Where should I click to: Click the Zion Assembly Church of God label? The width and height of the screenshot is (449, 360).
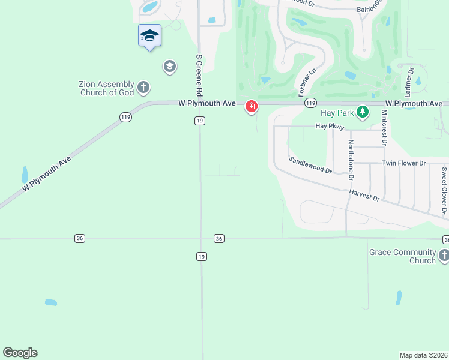coord(106,88)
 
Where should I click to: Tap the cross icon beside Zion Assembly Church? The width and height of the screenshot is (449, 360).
coord(143,88)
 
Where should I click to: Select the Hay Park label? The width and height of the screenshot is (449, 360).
coord(336,112)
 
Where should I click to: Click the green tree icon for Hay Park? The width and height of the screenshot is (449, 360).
coord(362,112)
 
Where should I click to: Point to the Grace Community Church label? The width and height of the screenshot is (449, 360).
coord(402,256)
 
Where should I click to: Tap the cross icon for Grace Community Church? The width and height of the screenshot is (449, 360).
coord(444,256)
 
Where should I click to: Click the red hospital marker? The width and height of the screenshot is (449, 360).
coord(251,107)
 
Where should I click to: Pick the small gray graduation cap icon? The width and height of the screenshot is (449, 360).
coord(169,66)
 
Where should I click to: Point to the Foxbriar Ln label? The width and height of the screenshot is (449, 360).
coord(307,82)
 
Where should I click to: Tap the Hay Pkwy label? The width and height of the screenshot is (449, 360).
coord(330,127)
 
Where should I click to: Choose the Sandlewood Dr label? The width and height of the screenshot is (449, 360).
coord(310,165)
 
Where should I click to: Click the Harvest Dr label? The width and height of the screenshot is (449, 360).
coord(364,194)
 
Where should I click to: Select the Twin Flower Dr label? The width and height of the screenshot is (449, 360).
coord(404,163)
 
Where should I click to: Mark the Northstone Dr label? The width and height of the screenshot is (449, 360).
coord(351,160)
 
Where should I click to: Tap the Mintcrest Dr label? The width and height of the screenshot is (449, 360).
coord(385,128)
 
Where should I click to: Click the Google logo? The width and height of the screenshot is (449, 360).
coord(20,353)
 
